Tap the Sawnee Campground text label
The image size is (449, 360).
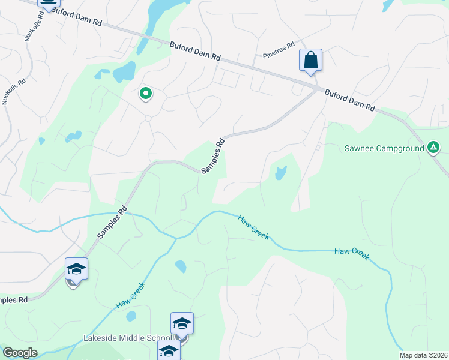[384, 148]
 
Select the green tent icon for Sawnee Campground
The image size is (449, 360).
[433, 148]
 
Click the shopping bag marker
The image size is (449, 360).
[310, 61]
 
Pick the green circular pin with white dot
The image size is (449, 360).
[145, 94]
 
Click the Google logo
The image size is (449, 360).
[20, 353]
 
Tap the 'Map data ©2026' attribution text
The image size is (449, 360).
[423, 355]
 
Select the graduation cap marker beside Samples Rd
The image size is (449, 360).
[77, 270]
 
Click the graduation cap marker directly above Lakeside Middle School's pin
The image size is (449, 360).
[182, 324]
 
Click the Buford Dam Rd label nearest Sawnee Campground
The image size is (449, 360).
[350, 100]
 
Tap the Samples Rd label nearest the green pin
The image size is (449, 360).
[213, 157]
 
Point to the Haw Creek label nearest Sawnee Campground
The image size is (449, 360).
[351, 254]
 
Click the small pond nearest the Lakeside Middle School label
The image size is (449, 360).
[130, 316]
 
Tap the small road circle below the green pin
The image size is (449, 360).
[148, 118]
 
